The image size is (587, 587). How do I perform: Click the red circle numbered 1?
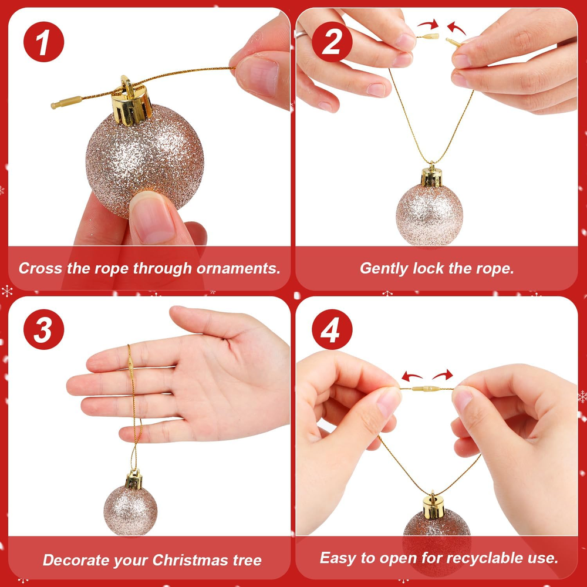click(x=44, y=42)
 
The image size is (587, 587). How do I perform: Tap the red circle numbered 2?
click(x=332, y=42)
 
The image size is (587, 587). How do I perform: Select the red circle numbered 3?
click(x=44, y=329)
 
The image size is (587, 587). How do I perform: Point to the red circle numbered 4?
click(x=332, y=329)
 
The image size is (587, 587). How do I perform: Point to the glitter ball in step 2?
click(x=430, y=214)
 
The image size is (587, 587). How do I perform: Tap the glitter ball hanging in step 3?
click(x=130, y=510)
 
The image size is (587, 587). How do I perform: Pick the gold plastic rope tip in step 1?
click(x=67, y=102)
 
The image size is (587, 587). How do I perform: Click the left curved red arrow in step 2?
click(x=429, y=25)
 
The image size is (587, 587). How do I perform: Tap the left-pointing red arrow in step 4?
click(x=412, y=376)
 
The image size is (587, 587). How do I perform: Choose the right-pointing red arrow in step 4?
click(x=443, y=375)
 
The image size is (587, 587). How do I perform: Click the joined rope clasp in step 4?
click(x=427, y=389)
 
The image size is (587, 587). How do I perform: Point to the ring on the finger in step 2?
click(x=301, y=34)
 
